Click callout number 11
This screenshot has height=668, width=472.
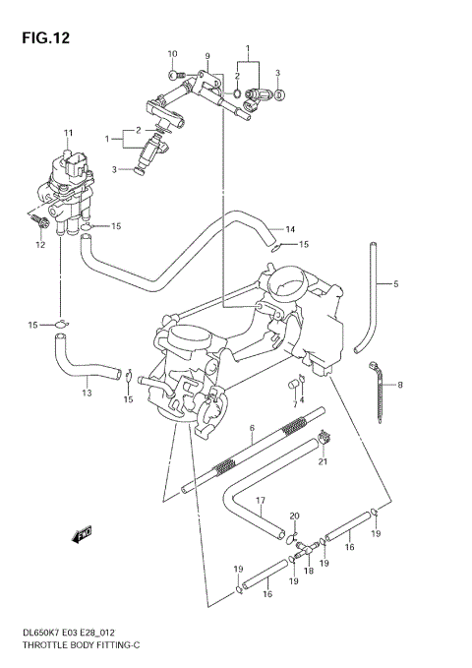69,133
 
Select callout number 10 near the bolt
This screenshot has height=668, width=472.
172,53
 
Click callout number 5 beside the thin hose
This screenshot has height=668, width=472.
395,284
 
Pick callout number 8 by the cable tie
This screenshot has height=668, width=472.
399,385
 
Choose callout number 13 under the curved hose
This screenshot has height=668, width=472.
87,393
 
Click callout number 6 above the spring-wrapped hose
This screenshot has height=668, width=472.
252,428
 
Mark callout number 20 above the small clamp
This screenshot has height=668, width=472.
293,516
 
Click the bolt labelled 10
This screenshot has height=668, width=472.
174,72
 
